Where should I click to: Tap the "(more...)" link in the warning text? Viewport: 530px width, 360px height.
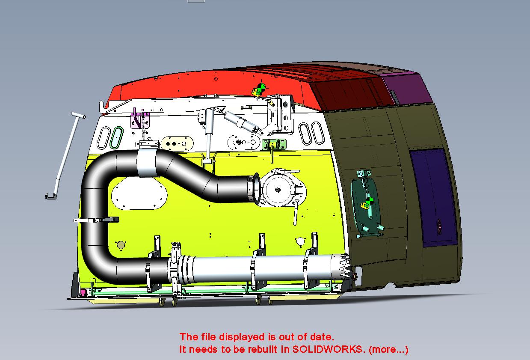pos(388,350)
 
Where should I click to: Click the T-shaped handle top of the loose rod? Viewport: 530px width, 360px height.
pos(78,115)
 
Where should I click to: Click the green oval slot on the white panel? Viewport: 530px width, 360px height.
pos(117,137)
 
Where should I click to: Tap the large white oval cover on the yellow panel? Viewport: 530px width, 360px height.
pos(139,193)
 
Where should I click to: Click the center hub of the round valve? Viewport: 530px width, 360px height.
pos(277,190)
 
